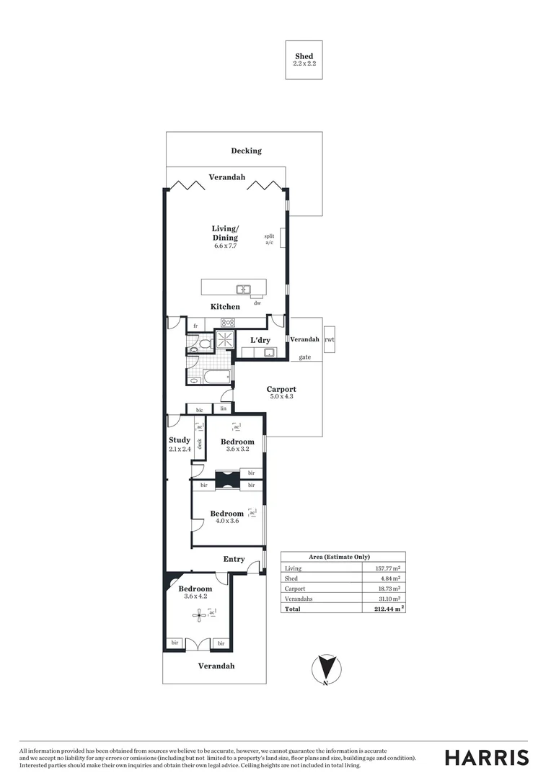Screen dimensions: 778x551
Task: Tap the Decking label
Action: coord(246,151)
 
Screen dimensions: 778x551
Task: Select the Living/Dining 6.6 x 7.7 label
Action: coord(225,237)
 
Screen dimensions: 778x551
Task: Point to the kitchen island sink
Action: coord(243,290)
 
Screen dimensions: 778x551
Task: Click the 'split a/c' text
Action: coord(269,239)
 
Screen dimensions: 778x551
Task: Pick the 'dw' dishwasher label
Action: coord(257,303)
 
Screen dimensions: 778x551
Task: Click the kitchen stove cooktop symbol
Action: coord(229,323)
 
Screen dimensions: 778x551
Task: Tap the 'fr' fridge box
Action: coord(195,326)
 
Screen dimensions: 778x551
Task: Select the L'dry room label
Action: coord(260,340)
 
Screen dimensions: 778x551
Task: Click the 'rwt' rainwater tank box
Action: coord(330,339)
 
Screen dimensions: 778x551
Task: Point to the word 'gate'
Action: coord(305,357)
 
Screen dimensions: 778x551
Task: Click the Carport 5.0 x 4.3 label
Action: coord(281,393)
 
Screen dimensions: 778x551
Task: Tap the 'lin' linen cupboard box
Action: coord(224,408)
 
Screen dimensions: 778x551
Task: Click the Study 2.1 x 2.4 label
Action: coord(180,444)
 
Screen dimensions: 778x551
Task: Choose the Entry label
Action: coord(234,559)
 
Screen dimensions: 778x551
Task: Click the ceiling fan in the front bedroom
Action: coord(198,614)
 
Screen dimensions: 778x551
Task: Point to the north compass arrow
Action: coord(327,669)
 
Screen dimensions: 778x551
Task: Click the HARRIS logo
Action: coord(486,757)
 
